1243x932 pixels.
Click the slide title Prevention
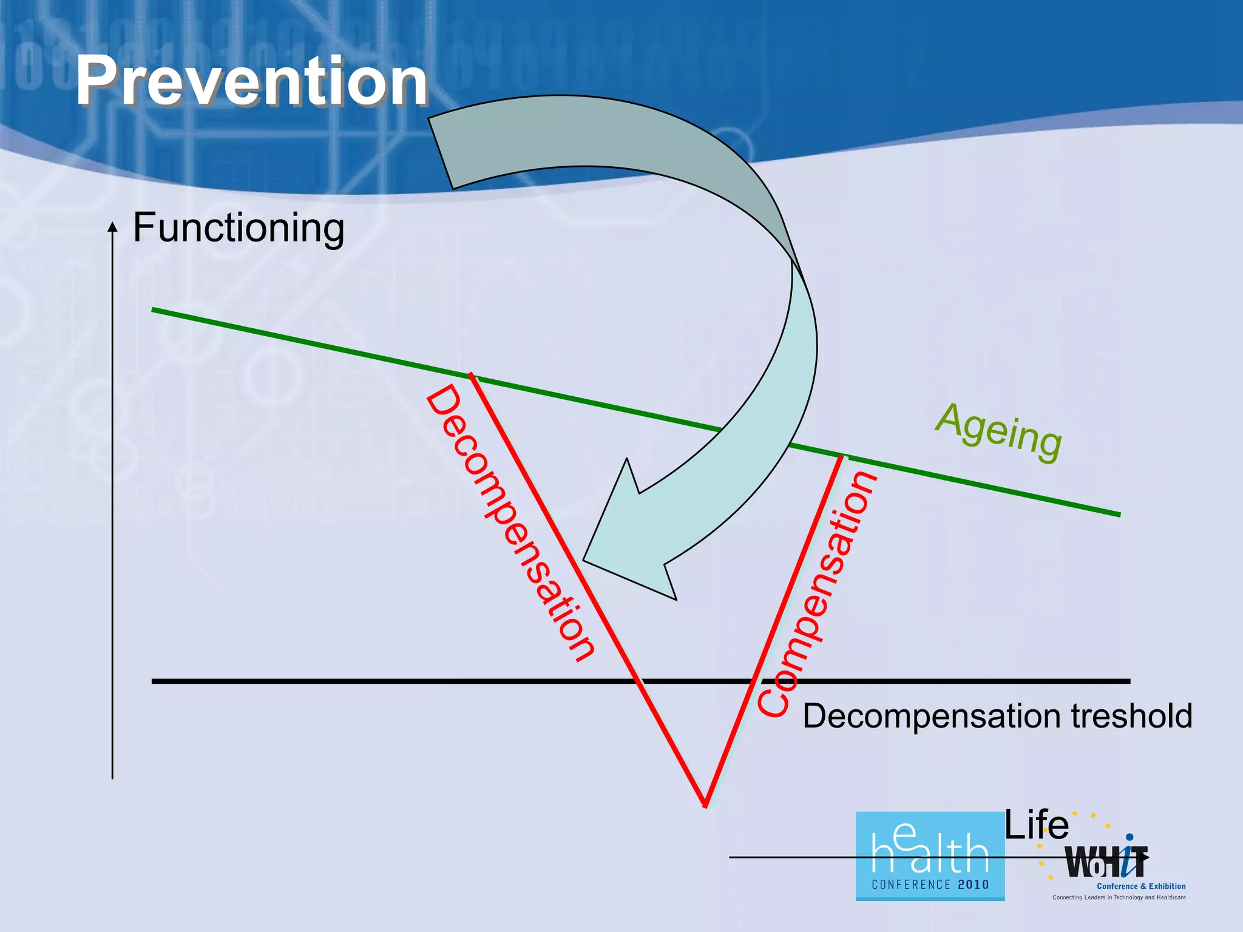coord(251,81)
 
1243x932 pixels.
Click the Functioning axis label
coord(239,228)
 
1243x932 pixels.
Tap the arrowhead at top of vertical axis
coord(112,226)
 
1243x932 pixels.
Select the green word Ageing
coord(998,432)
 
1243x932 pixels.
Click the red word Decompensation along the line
coord(510,523)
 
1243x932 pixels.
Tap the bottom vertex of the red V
coord(705,805)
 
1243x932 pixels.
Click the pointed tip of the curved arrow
coord(584,559)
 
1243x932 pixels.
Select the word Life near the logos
coord(1036,825)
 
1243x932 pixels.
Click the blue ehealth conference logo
coord(930,856)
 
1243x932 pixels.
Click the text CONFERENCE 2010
coord(930,885)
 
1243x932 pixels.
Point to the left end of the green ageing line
coord(153,310)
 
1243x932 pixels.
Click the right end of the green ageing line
coord(1119,515)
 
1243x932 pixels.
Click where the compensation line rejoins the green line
coord(841,456)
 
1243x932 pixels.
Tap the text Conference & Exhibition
coord(1141,886)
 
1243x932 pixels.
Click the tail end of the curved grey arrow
coord(441,153)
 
